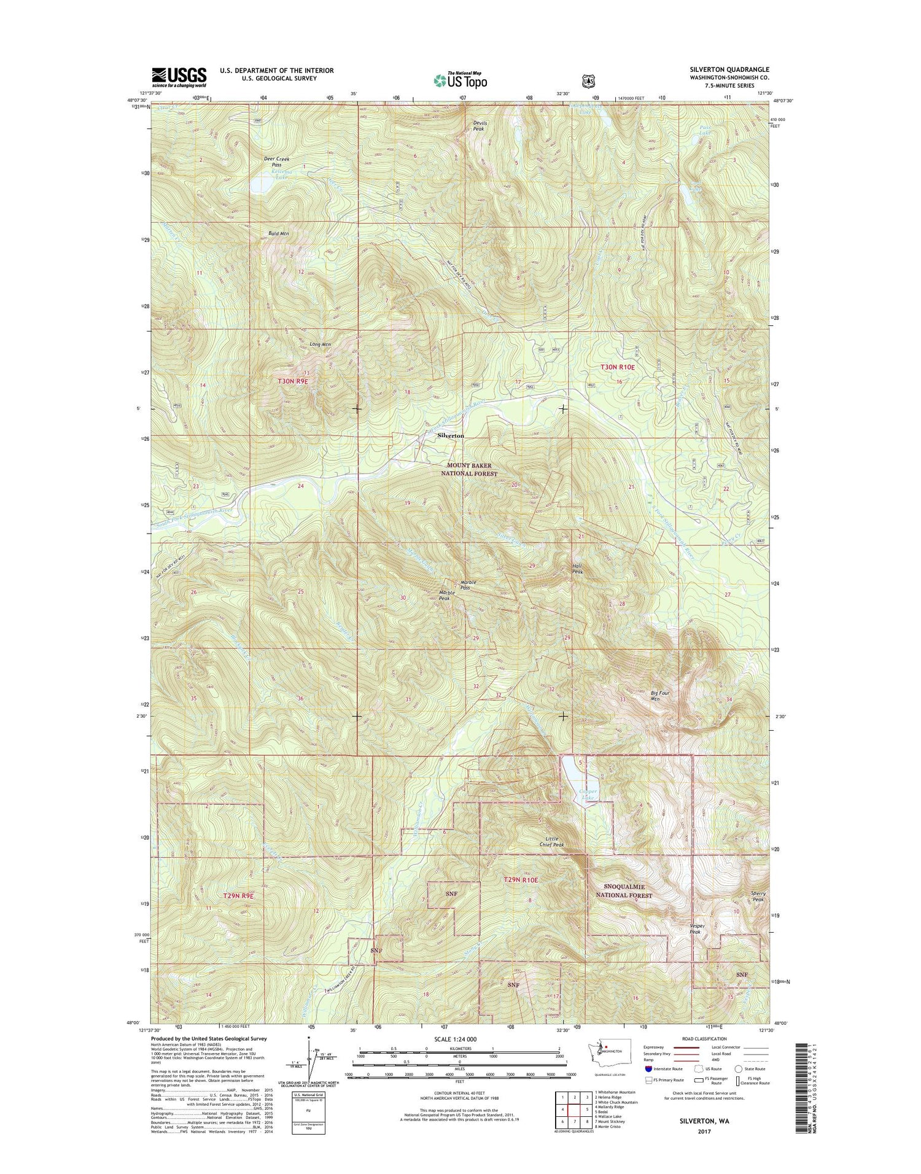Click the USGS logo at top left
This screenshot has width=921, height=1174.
[x=179, y=77]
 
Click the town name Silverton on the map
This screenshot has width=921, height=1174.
[x=451, y=435]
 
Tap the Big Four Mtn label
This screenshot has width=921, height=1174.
[x=660, y=696]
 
